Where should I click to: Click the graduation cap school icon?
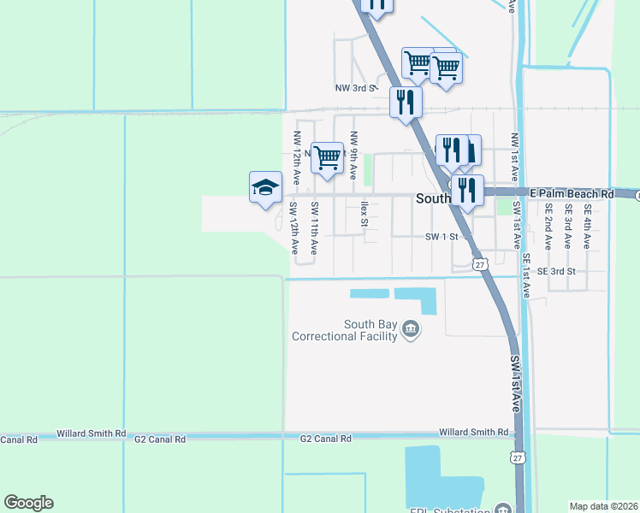(x=265, y=187)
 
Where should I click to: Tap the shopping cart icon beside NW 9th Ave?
(x=327, y=157)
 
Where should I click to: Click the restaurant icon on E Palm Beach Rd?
(x=467, y=190)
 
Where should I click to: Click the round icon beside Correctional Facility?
(x=411, y=330)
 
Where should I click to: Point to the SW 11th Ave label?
(x=315, y=228)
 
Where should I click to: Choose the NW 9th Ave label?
(x=353, y=154)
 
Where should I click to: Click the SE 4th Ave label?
(x=588, y=226)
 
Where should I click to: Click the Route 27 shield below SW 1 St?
(x=481, y=264)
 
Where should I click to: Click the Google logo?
(x=28, y=503)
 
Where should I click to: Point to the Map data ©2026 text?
(x=603, y=506)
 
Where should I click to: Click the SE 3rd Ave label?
(x=567, y=226)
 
